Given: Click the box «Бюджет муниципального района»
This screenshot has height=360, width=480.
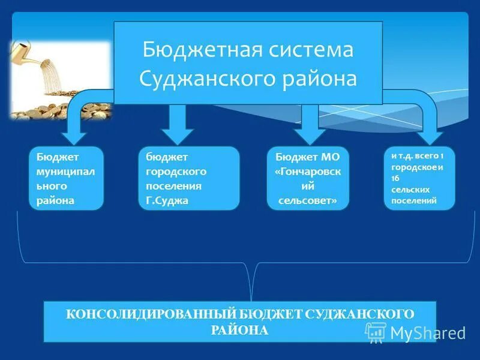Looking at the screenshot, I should [66, 178].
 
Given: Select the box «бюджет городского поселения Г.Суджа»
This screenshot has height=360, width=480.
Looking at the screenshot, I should [188, 178].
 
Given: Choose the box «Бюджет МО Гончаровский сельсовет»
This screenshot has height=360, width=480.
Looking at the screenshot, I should [308, 178].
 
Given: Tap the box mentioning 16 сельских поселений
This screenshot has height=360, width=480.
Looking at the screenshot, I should [419, 178].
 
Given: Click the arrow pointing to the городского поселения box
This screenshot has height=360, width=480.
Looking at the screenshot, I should [177, 120].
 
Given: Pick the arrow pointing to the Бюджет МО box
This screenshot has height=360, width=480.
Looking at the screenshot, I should [309, 120].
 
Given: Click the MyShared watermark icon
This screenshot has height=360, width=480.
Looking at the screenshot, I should [376, 331].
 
